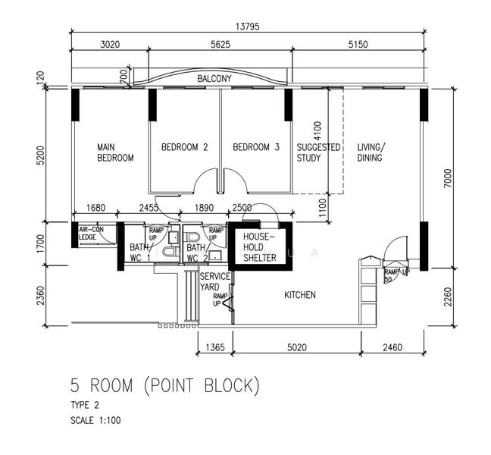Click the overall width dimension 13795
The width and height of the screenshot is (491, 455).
[x=248, y=27]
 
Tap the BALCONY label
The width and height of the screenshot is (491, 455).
[x=214, y=78]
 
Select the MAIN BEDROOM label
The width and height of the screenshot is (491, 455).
[x=115, y=152]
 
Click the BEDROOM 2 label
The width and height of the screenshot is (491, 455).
[x=184, y=147]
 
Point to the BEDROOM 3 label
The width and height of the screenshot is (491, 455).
[x=256, y=147]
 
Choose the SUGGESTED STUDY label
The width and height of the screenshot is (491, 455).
[x=318, y=152]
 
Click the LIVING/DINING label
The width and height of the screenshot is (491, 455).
[x=371, y=152]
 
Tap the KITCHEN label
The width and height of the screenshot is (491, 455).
[x=300, y=295]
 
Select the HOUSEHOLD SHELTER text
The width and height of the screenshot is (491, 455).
[x=260, y=247]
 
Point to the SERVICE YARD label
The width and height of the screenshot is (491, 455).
[x=215, y=281]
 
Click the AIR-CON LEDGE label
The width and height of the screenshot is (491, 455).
[x=91, y=234]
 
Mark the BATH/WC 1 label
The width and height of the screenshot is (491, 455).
[x=140, y=253]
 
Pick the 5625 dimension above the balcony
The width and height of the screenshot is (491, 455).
[x=220, y=45]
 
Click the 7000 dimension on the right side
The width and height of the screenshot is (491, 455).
[x=448, y=178]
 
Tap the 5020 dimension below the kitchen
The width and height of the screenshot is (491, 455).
[x=297, y=347]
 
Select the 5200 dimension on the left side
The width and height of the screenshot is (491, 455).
[x=41, y=155]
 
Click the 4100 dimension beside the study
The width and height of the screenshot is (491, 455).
[x=317, y=131]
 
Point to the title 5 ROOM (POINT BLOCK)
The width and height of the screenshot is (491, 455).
[x=165, y=386]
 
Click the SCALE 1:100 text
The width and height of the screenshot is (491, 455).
[x=95, y=420]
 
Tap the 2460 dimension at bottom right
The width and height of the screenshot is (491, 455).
[x=392, y=347]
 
